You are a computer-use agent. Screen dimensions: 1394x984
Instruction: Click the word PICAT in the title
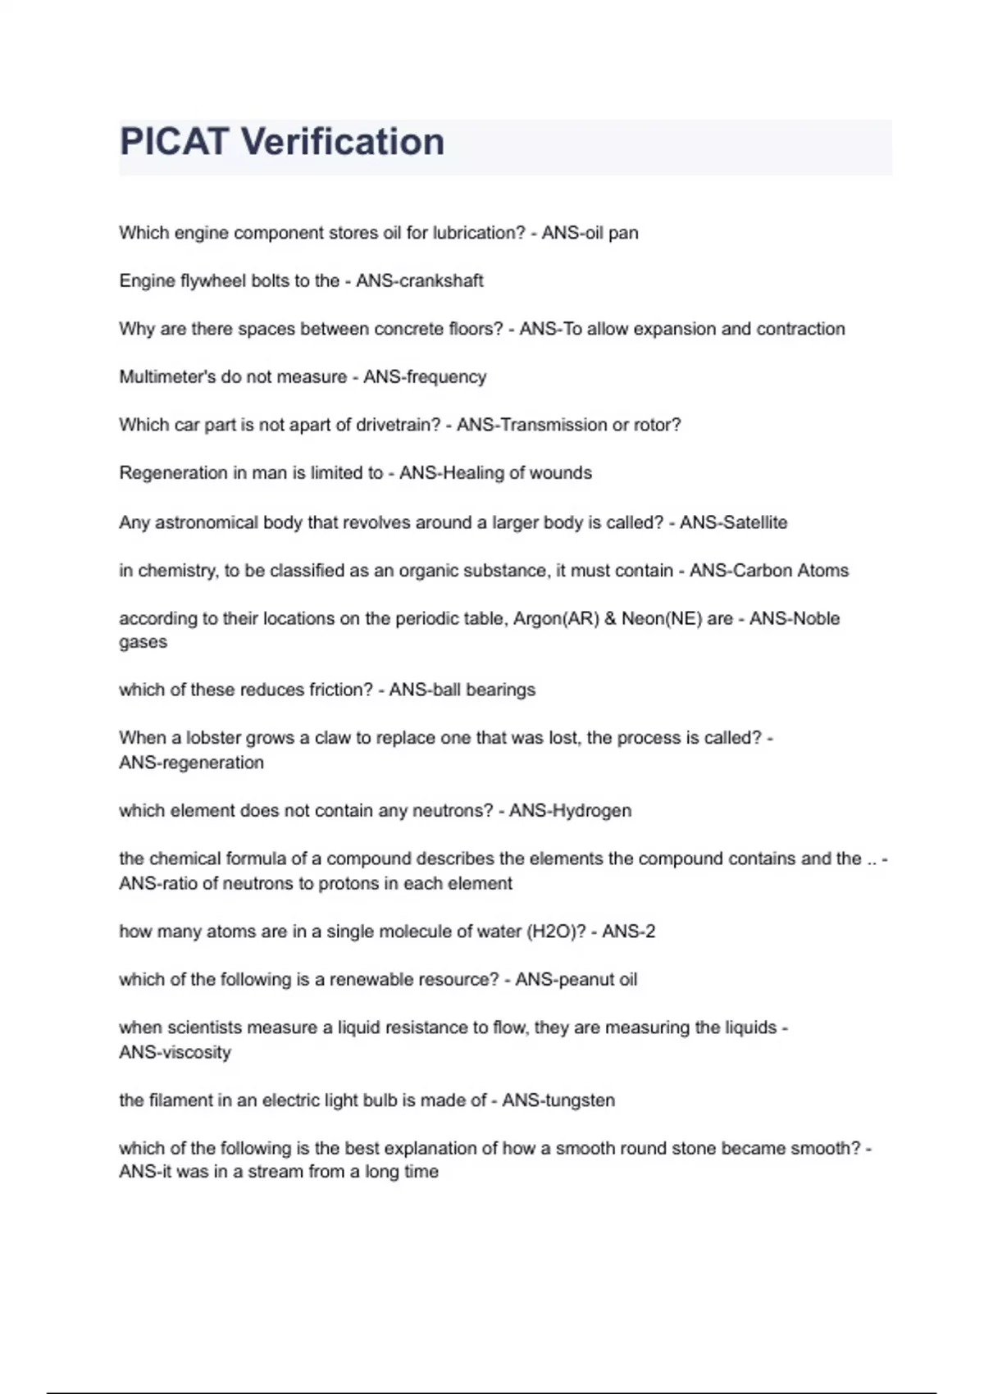coord(173,142)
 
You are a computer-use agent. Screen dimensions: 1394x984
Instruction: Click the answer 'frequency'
coord(447,377)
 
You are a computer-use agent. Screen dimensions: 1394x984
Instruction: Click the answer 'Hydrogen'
coord(591,811)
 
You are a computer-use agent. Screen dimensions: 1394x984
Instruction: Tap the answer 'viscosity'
coord(195,1052)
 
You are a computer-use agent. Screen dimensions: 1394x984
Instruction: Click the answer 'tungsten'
coord(580,1100)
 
